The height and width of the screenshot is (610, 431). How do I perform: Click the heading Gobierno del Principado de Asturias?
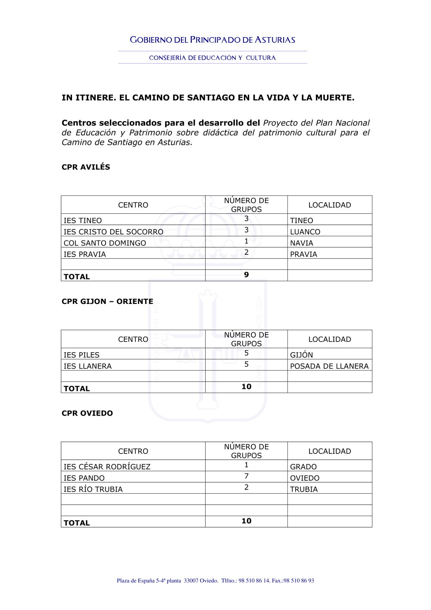coord(212,40)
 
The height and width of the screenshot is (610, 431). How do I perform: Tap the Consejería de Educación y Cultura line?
coord(212,58)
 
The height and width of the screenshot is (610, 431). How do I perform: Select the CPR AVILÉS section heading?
coord(86,167)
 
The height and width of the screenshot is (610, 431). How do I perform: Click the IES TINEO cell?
coord(83,221)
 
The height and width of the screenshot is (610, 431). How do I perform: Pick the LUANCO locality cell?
coord(305,232)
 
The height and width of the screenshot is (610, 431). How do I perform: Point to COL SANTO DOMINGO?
coord(105,243)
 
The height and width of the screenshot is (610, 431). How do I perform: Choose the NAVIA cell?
coord(302,243)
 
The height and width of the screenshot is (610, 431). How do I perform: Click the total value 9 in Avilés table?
coord(247,275)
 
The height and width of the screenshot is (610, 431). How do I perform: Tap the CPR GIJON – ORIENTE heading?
coord(107,301)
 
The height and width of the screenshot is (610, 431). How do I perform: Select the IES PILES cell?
coord(81,355)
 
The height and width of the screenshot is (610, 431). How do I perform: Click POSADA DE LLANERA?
coord(329,366)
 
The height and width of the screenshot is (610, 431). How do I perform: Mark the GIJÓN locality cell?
coord(302,355)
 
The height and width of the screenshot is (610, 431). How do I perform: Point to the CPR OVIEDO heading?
coord(87,413)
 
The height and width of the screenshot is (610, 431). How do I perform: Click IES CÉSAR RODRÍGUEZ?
coord(107,467)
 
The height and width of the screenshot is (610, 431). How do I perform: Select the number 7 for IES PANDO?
coord(247,476)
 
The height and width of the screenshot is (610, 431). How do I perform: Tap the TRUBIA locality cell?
coord(304,489)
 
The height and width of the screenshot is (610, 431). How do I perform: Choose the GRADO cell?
coord(303,467)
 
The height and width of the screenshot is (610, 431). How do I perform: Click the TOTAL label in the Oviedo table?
coord(77,523)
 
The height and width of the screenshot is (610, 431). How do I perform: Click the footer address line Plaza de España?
coord(215,581)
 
